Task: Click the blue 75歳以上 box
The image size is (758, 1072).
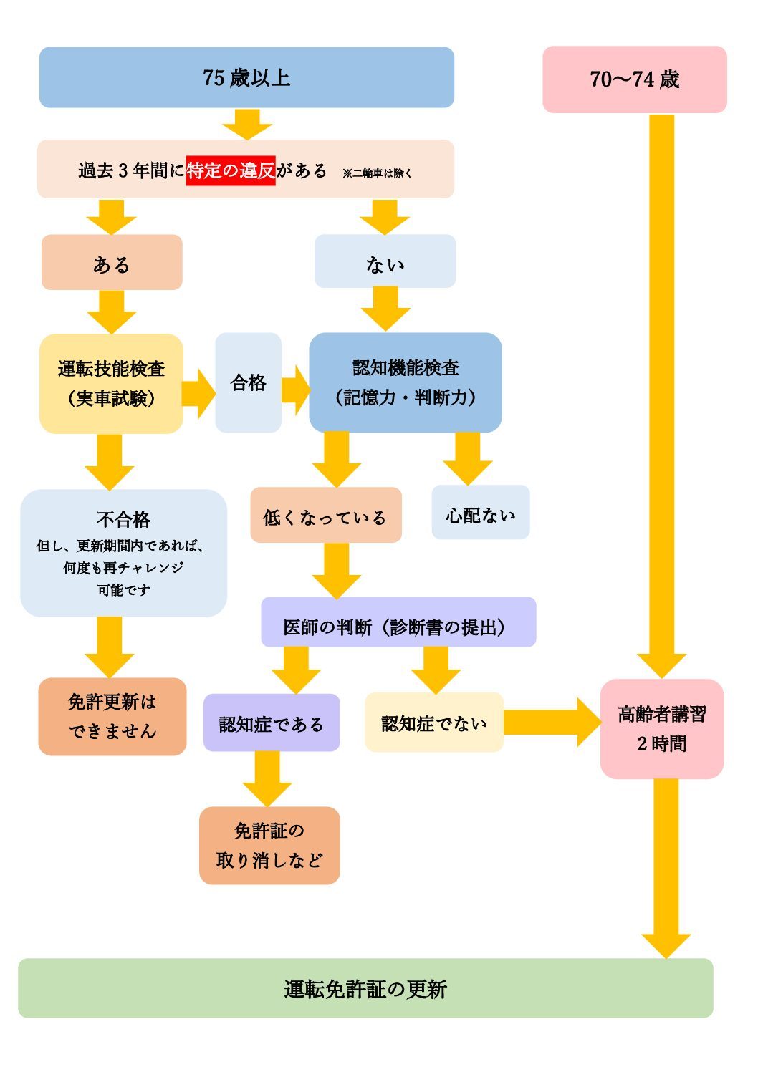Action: pyautogui.click(x=246, y=77)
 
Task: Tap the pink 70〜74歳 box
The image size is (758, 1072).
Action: pyautogui.click(x=634, y=79)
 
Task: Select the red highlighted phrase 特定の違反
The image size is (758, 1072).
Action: pyautogui.click(x=231, y=170)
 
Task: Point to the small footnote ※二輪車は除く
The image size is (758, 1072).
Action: pyautogui.click(x=377, y=173)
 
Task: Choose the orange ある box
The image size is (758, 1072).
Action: pyautogui.click(x=112, y=263)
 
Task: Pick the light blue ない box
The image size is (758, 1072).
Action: pyautogui.click(x=385, y=262)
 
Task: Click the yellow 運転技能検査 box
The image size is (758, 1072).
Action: pyautogui.click(x=111, y=383)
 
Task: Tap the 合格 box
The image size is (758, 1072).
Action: pyautogui.click(x=248, y=382)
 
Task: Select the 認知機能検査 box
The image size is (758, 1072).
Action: pyautogui.click(x=405, y=382)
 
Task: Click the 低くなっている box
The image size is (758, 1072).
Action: pyautogui.click(x=325, y=516)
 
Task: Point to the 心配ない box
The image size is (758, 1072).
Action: pyautogui.click(x=480, y=513)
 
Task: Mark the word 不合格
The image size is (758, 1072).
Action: pyautogui.click(x=123, y=519)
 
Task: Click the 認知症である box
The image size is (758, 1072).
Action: pyautogui.click(x=271, y=723)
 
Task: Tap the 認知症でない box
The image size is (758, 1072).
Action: pyautogui.click(x=433, y=723)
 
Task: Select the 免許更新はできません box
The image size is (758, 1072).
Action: pyautogui.click(x=112, y=716)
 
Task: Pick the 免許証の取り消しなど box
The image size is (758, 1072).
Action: pyautogui.click(x=269, y=845)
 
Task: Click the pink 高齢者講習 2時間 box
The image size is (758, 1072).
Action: pyautogui.click(x=661, y=728)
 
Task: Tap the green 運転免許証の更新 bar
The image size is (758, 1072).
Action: pyautogui.click(x=365, y=988)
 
